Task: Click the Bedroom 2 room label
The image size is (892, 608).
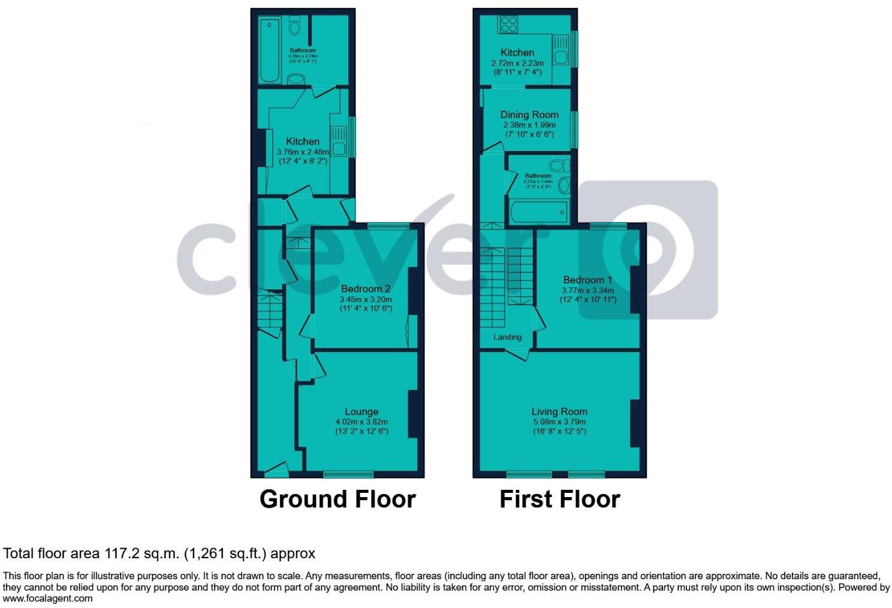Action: pyautogui.click(x=365, y=289)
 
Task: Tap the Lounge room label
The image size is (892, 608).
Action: pyautogui.click(x=361, y=412)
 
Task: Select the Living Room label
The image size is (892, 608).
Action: pyautogui.click(x=559, y=412)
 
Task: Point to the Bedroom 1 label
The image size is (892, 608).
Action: pyautogui.click(x=587, y=280)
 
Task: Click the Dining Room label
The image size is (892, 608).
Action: pyautogui.click(x=529, y=115)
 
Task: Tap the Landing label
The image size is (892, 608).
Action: pyautogui.click(x=507, y=337)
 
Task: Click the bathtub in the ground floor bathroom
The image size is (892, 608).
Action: pyautogui.click(x=269, y=50)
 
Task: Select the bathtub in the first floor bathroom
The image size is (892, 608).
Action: pyautogui.click(x=538, y=212)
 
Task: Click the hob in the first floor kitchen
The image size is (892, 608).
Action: pyautogui.click(x=509, y=24)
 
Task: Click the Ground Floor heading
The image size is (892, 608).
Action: pyautogui.click(x=337, y=499)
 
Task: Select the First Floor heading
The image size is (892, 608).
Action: pyautogui.click(x=559, y=499)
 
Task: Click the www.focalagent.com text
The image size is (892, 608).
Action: pyautogui.click(x=48, y=598)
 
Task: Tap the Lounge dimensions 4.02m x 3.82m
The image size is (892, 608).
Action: pyautogui.click(x=361, y=422)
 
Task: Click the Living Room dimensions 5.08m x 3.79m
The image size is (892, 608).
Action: pyautogui.click(x=559, y=422)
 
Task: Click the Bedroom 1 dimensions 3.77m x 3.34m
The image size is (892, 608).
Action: pyautogui.click(x=587, y=290)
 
